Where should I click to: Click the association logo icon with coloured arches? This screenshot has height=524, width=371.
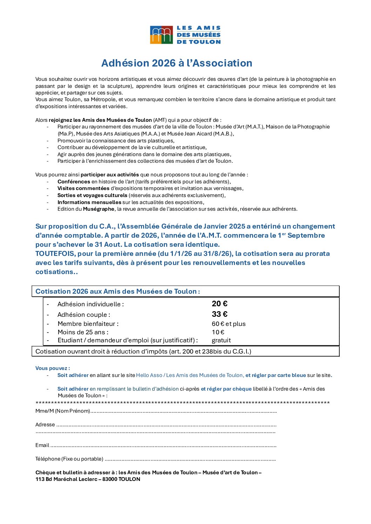tap(161, 35)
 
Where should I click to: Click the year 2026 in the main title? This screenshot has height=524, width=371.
tap(163, 63)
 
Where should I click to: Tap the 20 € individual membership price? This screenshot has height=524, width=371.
tap(220, 304)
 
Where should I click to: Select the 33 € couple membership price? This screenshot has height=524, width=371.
tap(220, 314)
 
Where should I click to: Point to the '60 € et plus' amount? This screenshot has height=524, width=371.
tap(229, 324)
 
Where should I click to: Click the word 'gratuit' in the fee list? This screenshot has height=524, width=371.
tap(221, 340)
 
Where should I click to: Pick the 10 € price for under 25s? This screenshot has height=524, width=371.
tap(218, 332)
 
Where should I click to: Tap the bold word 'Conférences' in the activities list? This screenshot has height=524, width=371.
tap(74, 182)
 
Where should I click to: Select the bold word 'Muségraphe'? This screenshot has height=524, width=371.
tap(99, 209)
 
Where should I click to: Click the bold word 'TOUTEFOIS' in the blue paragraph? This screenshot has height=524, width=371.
tap(55, 253)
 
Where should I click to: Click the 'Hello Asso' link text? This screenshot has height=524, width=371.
tap(149, 375)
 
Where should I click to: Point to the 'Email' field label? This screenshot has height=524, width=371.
tap(42, 445)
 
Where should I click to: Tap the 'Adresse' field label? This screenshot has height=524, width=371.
tap(45, 425)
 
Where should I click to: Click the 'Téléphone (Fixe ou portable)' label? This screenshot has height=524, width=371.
tap(69, 459)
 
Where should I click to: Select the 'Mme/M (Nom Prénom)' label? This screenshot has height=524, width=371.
tap(63, 411)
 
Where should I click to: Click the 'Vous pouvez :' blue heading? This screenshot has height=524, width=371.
tap(53, 368)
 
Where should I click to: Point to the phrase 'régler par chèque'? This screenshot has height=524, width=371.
tap(229, 389)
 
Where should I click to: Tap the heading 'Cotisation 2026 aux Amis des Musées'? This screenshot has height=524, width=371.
tap(117, 291)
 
